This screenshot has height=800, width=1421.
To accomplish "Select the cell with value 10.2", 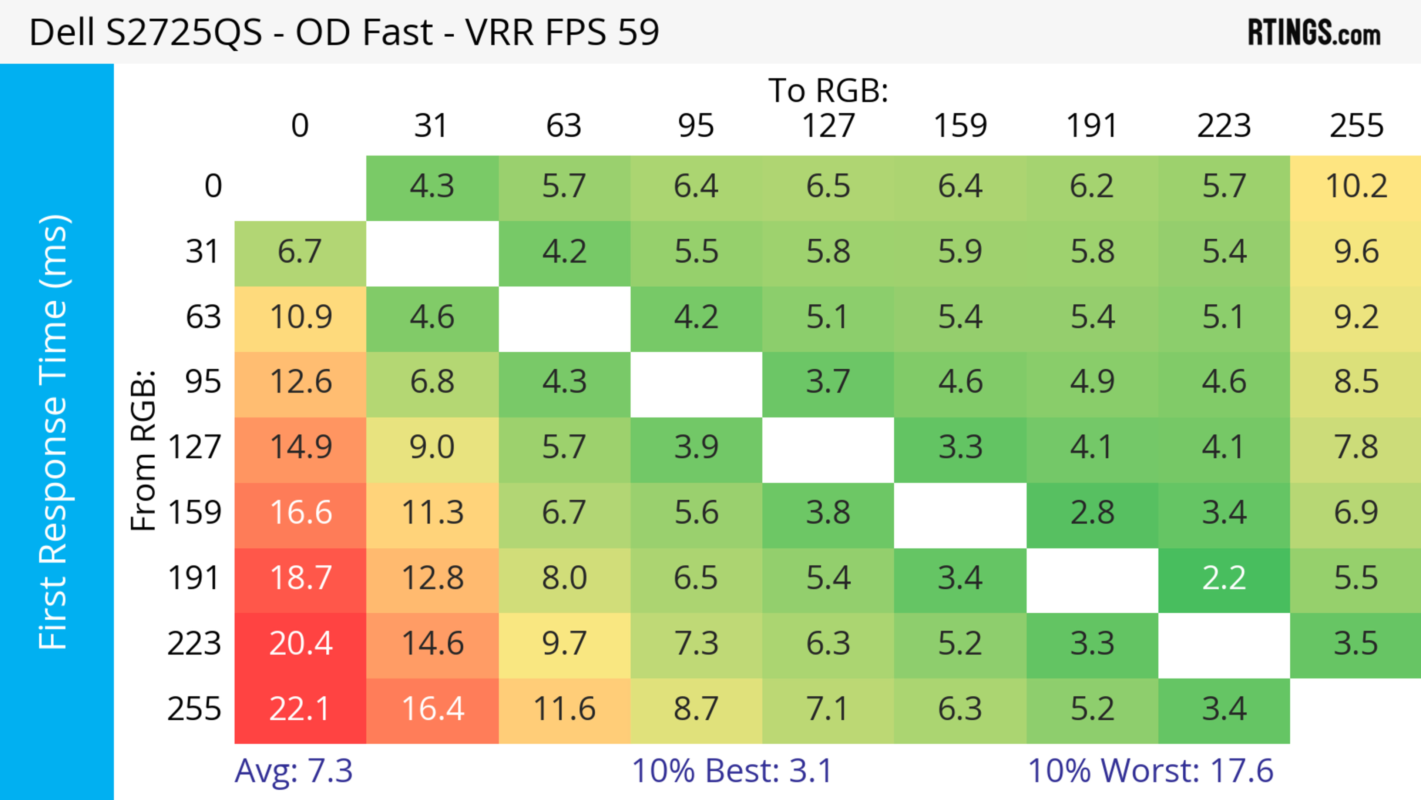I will pos(1356,187).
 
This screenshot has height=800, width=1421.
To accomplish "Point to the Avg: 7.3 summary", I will pos(293,771).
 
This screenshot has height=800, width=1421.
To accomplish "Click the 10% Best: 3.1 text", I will pos(732,771).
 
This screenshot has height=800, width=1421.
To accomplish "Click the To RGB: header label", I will pos(828,90).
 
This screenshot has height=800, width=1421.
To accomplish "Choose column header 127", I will pos(828,126).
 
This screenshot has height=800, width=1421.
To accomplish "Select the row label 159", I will pos(195,513).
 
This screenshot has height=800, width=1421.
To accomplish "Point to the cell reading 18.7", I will pos(300,579).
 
